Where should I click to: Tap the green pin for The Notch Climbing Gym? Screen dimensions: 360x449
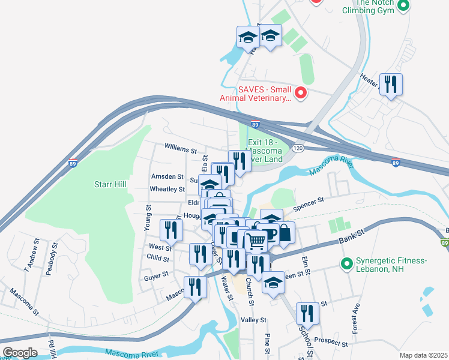coord(403,7)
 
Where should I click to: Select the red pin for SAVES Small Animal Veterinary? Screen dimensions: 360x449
coord(301,93)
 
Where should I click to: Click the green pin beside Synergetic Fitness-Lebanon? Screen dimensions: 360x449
coord(346,263)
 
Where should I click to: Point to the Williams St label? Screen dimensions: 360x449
coord(181,148)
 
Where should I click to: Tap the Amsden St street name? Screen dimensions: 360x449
coord(167,176)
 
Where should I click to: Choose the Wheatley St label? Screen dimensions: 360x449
coord(168,189)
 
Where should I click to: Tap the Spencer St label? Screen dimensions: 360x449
coord(309,203)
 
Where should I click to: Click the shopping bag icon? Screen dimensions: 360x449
coord(286,233)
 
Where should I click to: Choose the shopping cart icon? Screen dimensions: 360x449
coord(257,241)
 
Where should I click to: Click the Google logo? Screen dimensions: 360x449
coord(19,353)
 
